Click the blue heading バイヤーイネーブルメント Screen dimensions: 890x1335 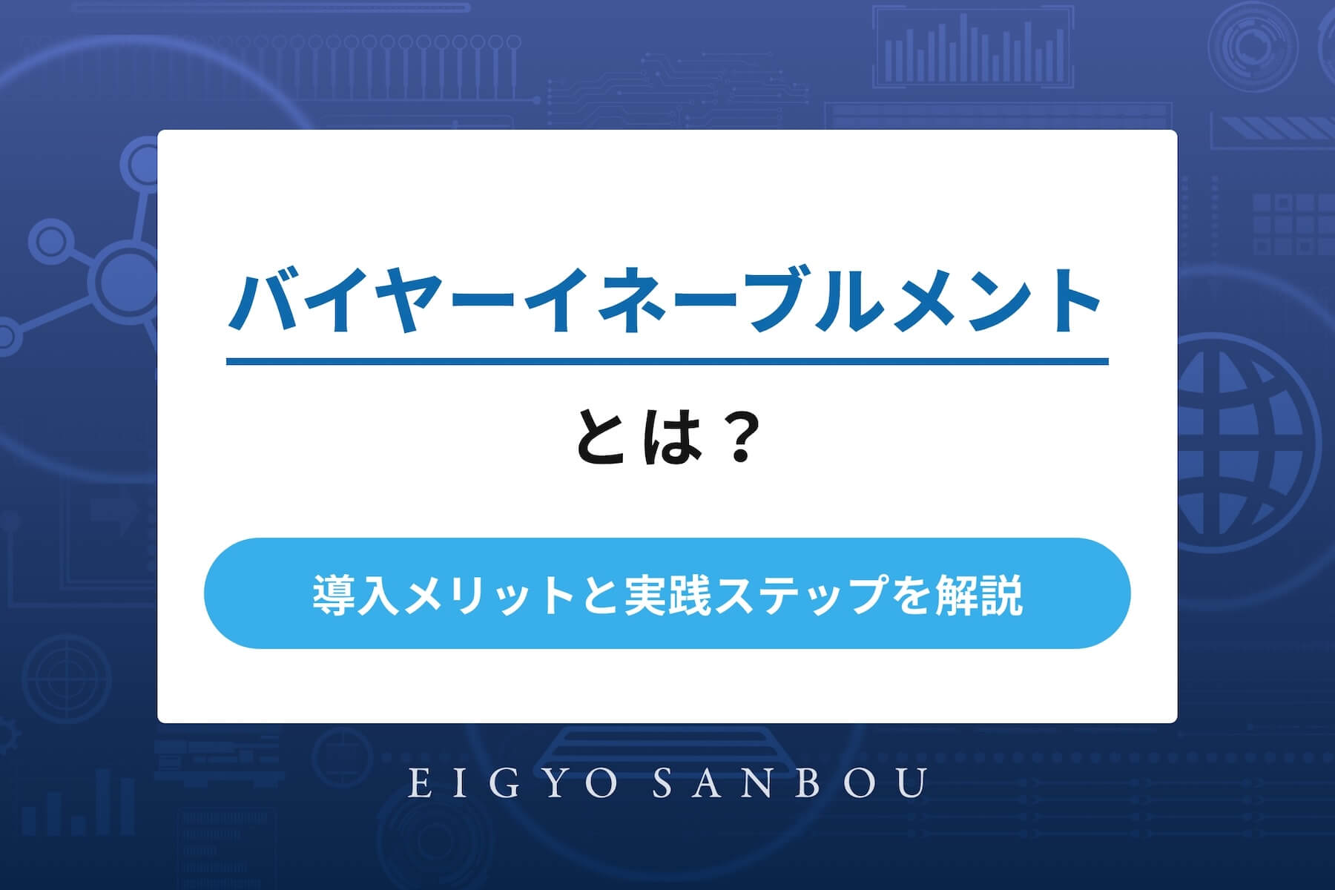(665, 302)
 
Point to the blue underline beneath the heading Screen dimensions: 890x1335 (667, 361)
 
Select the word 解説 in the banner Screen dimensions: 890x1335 (979, 594)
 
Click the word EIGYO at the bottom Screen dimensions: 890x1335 (512, 784)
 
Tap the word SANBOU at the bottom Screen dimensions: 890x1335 (791, 784)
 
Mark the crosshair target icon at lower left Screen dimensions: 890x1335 (65, 677)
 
